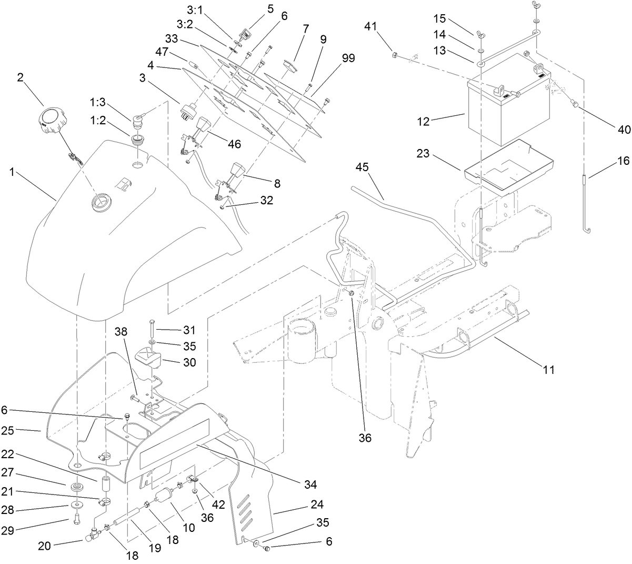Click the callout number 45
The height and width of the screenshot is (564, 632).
click(x=362, y=167)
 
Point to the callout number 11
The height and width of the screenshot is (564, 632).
click(x=548, y=370)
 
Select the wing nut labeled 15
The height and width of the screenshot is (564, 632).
click(x=480, y=35)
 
